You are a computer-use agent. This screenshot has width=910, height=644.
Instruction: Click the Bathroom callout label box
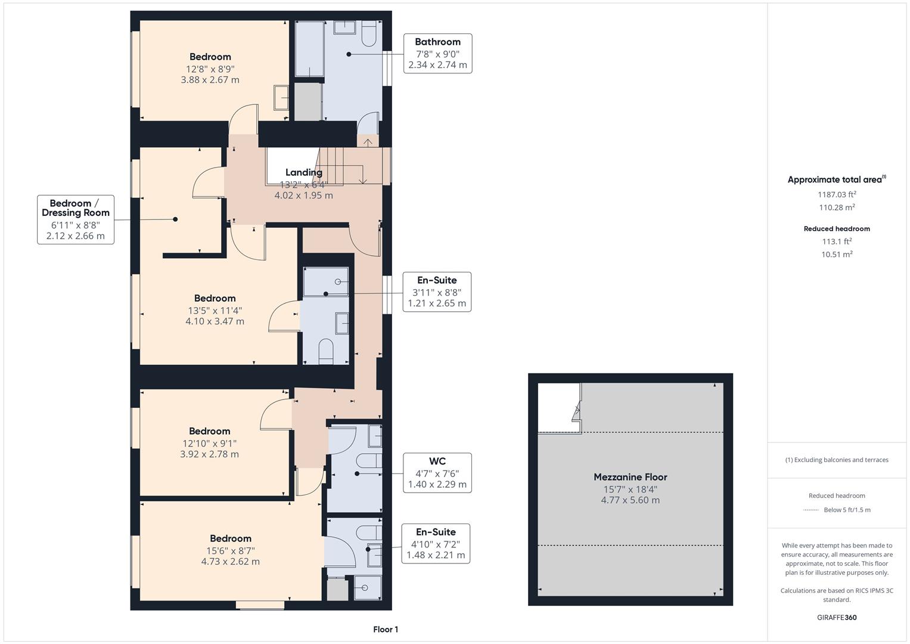coord(437,54)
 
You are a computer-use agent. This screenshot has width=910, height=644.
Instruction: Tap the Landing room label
coord(303,172)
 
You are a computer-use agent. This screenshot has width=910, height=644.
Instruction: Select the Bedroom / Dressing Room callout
coord(76,219)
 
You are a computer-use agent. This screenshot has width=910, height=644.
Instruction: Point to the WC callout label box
coord(437,473)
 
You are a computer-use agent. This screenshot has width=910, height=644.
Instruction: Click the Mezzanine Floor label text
coord(630,477)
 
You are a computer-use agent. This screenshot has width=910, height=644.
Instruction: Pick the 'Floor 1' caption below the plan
coord(386,629)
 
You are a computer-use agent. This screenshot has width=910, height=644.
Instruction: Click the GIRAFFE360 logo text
coord(837,617)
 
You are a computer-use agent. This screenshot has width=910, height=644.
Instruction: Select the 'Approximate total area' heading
coord(836,179)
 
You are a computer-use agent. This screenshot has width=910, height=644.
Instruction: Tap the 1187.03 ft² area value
coord(837,194)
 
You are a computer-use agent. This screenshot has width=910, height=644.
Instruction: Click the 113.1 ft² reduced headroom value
coord(837,241)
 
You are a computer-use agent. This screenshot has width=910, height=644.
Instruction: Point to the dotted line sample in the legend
coord(811,510)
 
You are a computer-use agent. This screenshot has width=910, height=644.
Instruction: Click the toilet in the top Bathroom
coord(369,36)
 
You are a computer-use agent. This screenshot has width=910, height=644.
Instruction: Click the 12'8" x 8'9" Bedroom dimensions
coord(210,69)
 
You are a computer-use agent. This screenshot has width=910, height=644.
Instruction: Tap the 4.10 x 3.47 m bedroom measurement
coord(215,321)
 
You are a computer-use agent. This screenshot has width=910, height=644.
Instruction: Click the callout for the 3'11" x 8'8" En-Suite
coord(437,292)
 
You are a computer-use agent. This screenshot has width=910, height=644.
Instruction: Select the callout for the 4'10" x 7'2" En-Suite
coord(436,544)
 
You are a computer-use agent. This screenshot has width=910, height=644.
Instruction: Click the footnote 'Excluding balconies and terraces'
coord(837,460)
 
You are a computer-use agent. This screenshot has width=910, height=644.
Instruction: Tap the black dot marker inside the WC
coord(357,474)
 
